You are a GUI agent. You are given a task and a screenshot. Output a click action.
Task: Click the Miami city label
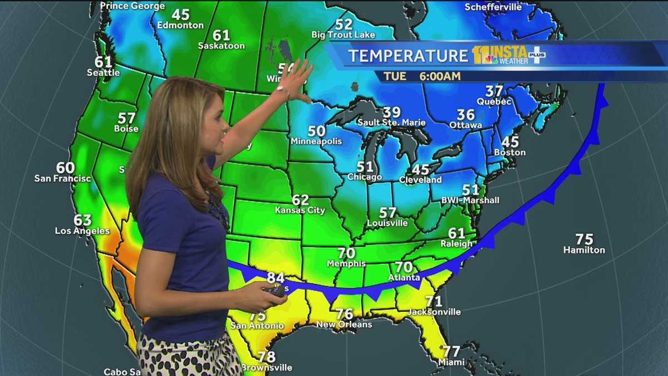[451, 363]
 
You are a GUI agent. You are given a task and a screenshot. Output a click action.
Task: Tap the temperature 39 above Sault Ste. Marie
[391, 113]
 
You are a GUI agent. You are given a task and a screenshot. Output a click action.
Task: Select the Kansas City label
[300, 211]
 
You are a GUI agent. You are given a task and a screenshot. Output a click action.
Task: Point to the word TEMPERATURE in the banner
[408, 56]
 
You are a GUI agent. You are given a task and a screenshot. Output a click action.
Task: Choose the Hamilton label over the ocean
[584, 250]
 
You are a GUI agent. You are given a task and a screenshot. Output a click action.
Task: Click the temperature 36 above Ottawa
[466, 115]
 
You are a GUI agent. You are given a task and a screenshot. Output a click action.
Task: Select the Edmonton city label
[180, 25]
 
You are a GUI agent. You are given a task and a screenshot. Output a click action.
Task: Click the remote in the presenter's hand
[273, 289]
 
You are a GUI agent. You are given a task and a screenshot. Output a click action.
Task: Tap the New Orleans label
[344, 324]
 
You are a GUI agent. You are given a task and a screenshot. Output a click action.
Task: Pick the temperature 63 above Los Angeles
[82, 220]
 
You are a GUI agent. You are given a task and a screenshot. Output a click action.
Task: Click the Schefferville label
[493, 7]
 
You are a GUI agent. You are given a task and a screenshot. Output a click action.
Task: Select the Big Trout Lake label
[343, 35]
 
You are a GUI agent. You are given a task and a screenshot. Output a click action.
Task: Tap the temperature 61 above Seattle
[104, 62]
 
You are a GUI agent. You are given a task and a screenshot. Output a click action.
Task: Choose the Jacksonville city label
[434, 312]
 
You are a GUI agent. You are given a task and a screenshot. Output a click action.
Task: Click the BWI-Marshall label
[470, 201]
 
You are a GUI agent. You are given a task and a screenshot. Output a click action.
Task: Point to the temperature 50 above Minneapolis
[316, 131]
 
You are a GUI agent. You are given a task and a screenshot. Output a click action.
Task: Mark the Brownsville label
[267, 368]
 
